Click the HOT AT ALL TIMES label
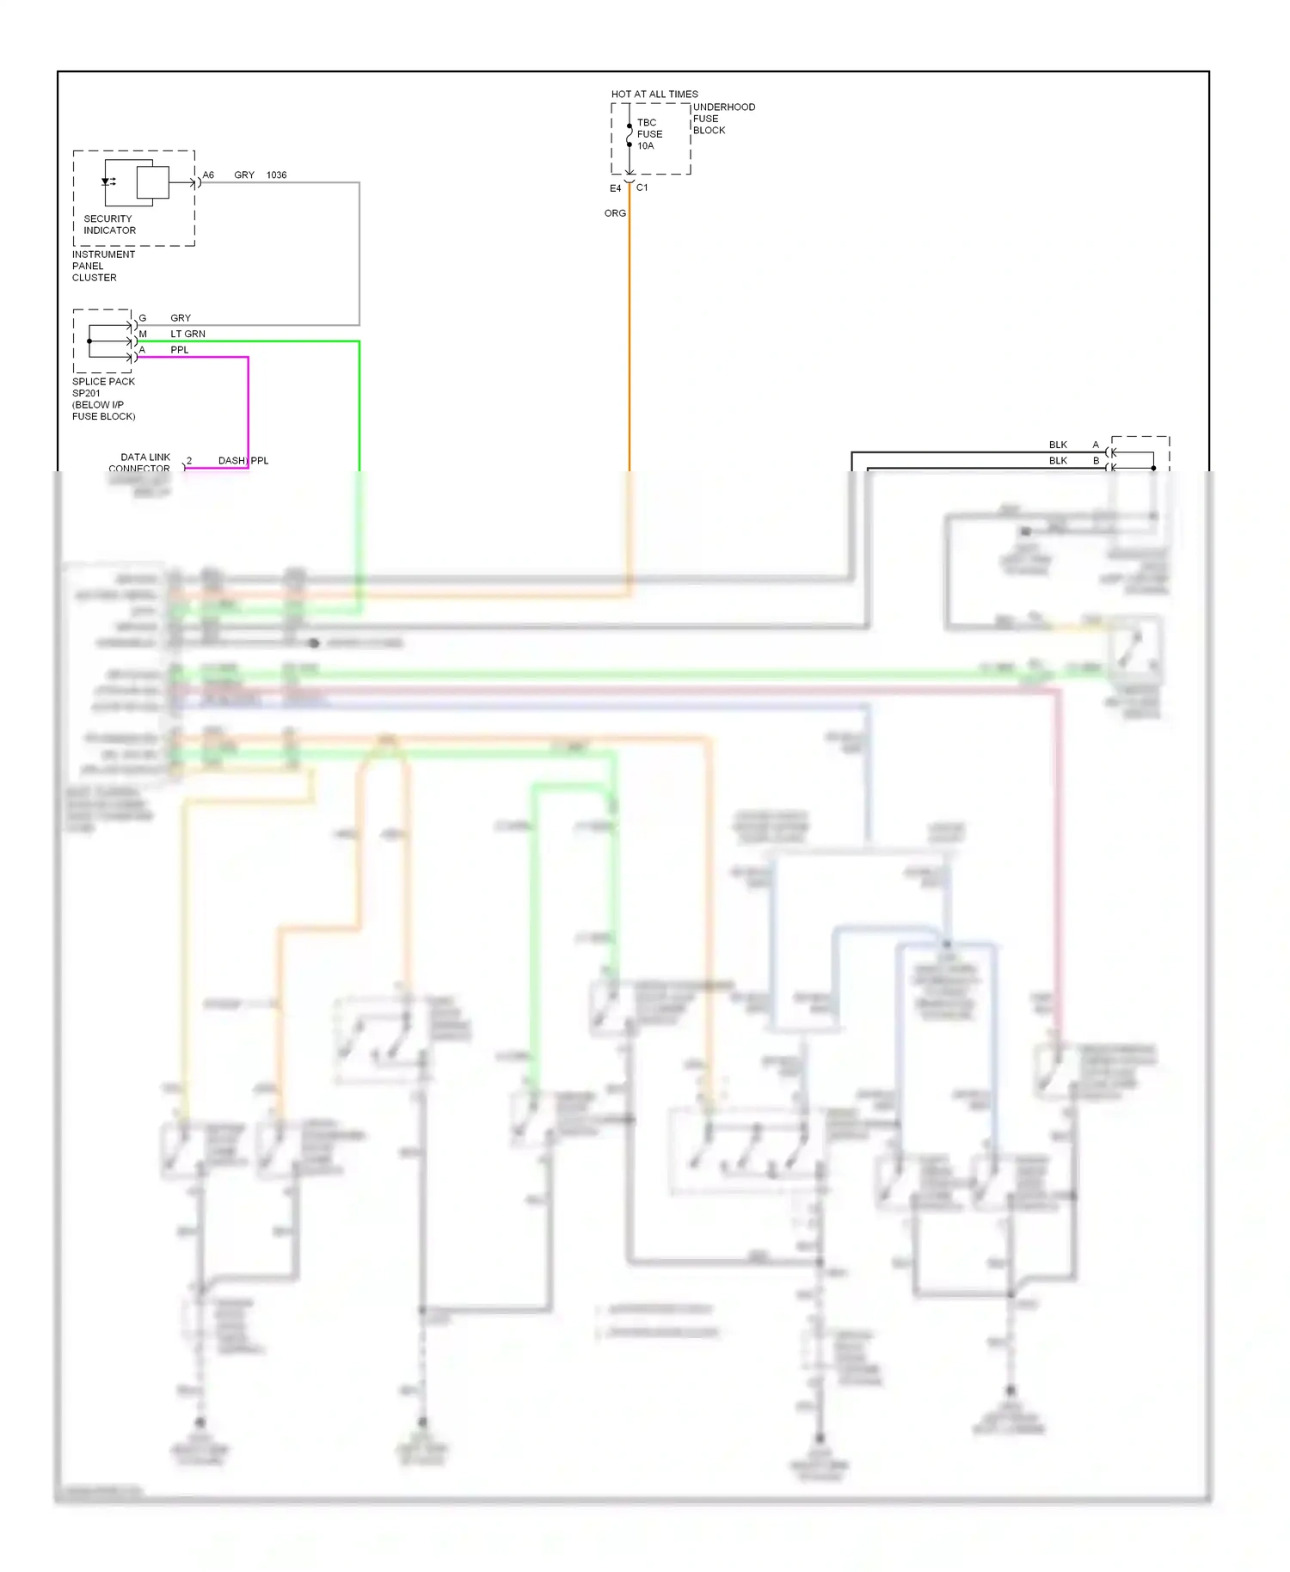(654, 94)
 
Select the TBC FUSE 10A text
(649, 134)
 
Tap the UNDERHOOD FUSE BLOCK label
(722, 119)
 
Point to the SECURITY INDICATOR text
(109, 224)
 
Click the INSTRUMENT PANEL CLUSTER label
(102, 266)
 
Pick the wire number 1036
(276, 175)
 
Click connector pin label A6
(208, 175)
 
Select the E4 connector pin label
(615, 188)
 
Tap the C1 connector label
(642, 187)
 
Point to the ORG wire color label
(615, 213)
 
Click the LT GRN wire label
(187, 334)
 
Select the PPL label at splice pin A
(179, 350)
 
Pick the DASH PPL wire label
(243, 461)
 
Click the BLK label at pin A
(1058, 445)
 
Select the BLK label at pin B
(1058, 461)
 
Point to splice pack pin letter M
(143, 334)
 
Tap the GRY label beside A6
(244, 175)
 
